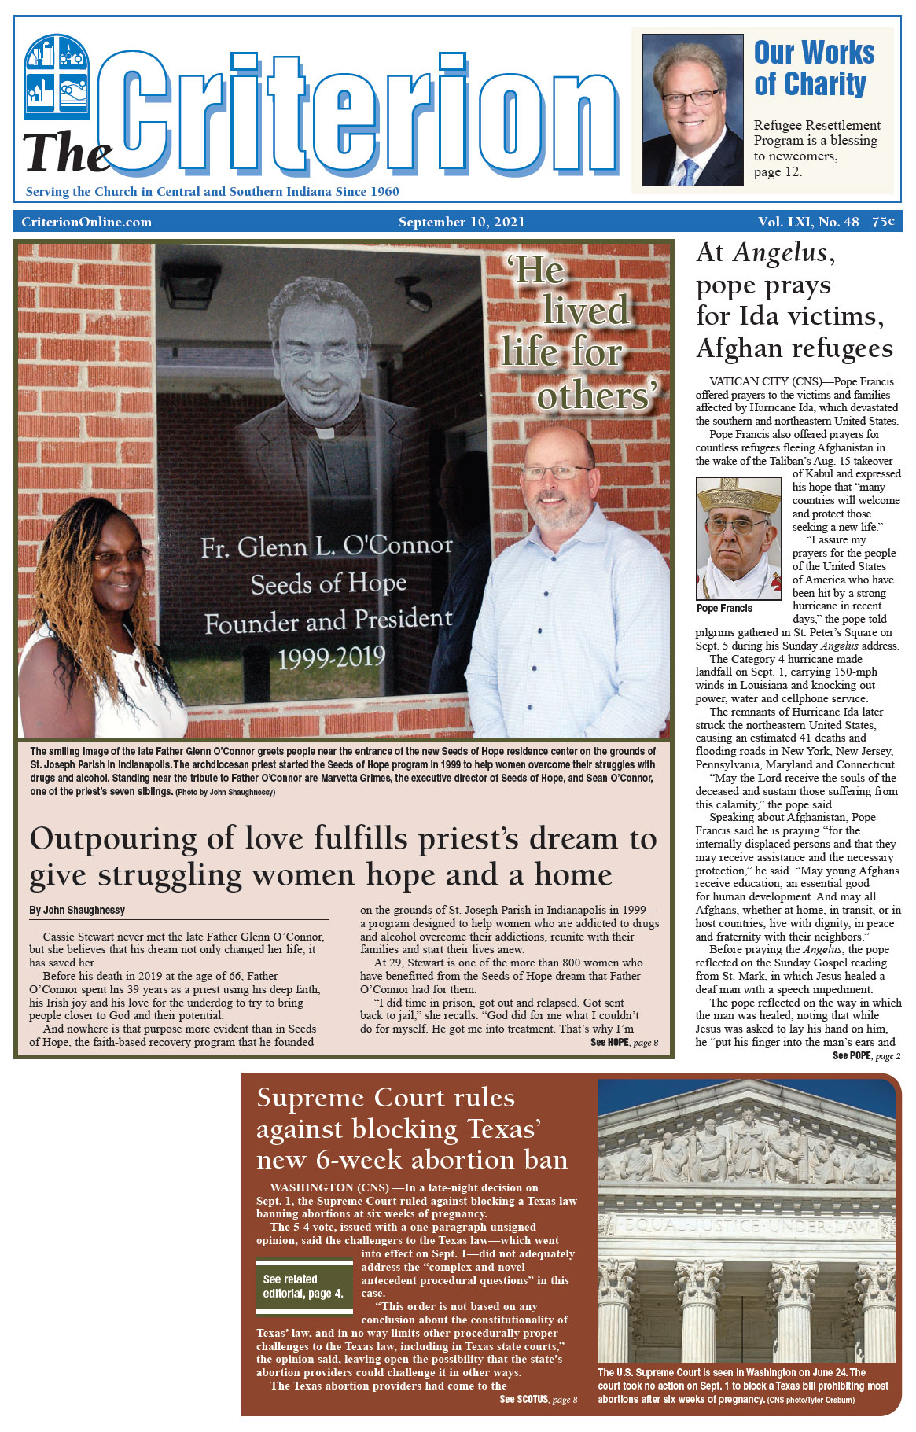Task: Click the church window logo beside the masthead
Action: (x=57, y=76)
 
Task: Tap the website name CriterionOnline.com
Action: (x=86, y=222)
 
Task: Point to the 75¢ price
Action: (x=882, y=222)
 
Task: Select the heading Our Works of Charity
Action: (x=813, y=68)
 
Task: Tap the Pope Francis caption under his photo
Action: (x=724, y=608)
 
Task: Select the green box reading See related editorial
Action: (x=303, y=1286)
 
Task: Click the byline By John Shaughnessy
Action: (x=77, y=910)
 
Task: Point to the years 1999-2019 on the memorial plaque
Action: (x=332, y=657)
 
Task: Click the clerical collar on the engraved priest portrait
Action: (x=324, y=432)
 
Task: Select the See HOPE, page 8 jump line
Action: (x=624, y=1043)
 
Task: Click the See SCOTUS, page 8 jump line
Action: (x=538, y=1399)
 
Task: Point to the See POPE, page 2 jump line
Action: (x=866, y=1056)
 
